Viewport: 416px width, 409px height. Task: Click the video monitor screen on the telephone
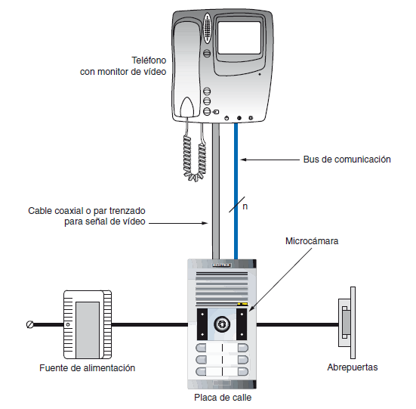pos(239,38)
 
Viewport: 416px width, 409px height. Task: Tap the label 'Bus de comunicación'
pos(347,160)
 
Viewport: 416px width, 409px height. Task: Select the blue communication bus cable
pos(236,191)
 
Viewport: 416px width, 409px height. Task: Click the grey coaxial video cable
pos(216,191)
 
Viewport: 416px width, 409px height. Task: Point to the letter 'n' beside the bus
pos(245,206)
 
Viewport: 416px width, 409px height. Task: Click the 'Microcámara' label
pos(312,241)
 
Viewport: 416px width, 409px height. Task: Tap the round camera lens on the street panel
pos(221,324)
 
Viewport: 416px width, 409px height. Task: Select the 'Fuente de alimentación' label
pos(88,368)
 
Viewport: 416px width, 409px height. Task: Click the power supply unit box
pos(88,324)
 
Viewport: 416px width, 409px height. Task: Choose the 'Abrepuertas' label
pos(353,367)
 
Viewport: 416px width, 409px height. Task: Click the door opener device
pos(347,323)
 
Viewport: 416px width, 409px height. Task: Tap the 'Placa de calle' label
pos(223,398)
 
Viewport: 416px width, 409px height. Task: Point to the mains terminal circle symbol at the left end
pos(30,324)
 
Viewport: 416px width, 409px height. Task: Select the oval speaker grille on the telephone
pos(207,28)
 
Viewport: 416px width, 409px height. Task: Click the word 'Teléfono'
pos(149,60)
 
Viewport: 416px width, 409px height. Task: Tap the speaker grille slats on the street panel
pos(222,288)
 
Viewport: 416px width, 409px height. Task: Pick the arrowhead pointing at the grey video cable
pos(205,223)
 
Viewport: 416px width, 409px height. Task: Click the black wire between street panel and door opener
pos(297,324)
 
